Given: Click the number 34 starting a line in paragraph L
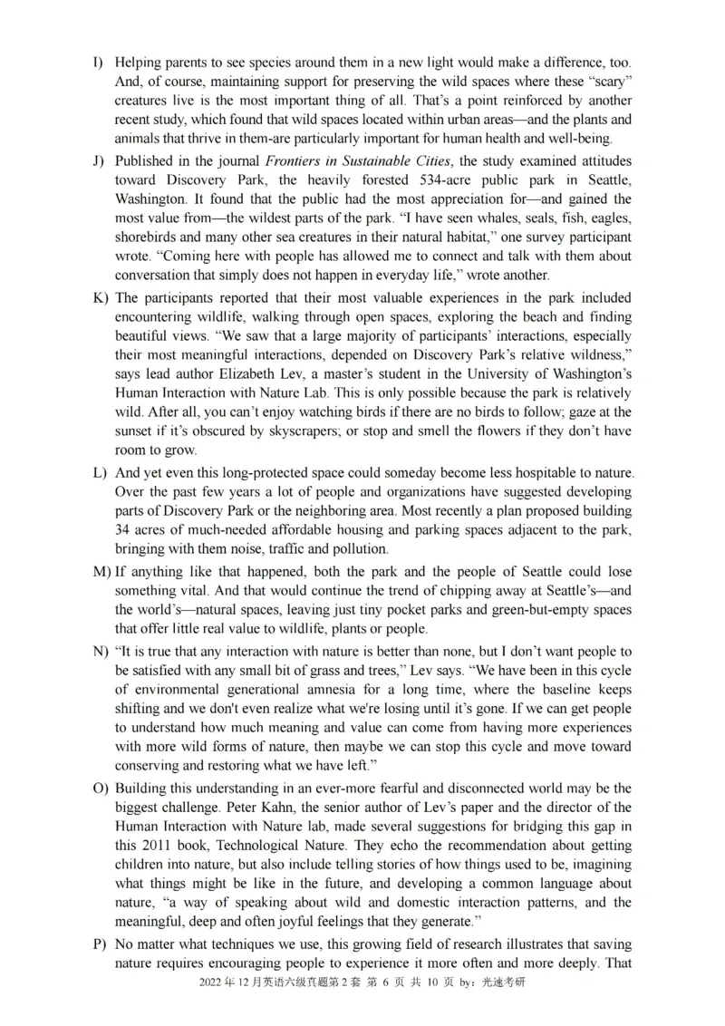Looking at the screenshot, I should tap(122, 530).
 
